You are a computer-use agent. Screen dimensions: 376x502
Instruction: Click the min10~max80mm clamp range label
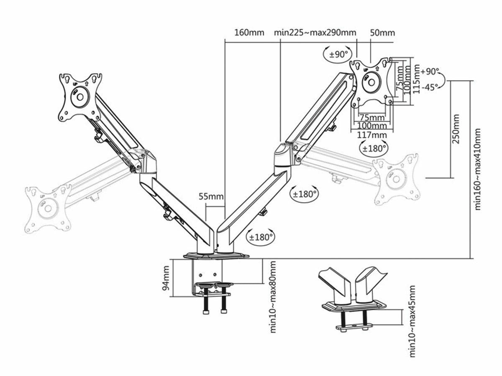[x=273, y=297]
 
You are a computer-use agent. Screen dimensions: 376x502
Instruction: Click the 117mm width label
[x=373, y=135]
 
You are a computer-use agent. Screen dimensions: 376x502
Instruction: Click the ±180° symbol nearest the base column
[x=261, y=237]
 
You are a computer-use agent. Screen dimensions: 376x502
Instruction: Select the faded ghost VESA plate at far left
[x=47, y=208]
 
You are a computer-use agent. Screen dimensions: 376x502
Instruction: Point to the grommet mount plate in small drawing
[x=353, y=305]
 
